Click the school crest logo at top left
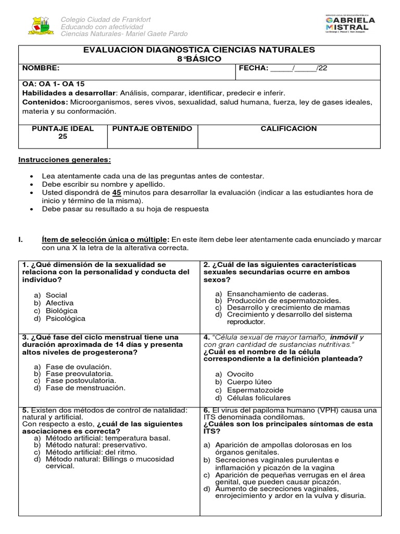point(40,26)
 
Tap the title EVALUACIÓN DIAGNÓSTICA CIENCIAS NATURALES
point(199,50)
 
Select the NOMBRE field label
point(41,68)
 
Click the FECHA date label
point(254,68)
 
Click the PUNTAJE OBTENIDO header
point(145,129)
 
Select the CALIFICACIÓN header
point(289,129)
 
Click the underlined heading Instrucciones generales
point(65,160)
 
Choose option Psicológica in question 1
point(65,319)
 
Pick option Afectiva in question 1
point(59,303)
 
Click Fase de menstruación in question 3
point(85,388)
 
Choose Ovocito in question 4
point(240,374)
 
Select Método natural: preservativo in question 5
point(96,445)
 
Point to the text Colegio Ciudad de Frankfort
point(106,19)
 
